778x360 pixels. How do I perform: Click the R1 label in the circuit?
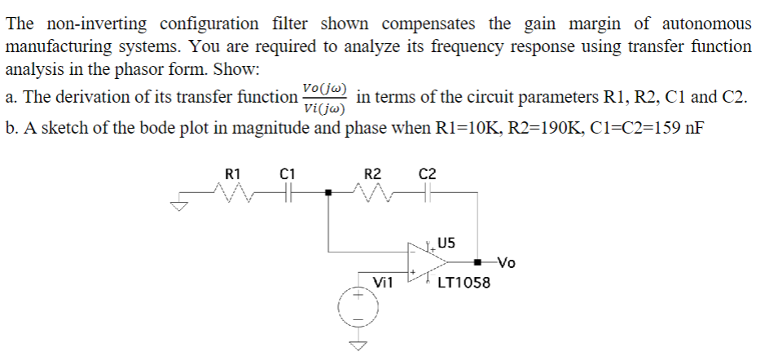pyautogui.click(x=232, y=173)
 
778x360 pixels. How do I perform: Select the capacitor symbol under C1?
pyautogui.click(x=287, y=193)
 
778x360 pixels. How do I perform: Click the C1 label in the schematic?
pyautogui.click(x=287, y=173)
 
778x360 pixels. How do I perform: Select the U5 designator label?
pyautogui.click(x=446, y=242)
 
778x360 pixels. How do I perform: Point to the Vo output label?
pyautogui.click(x=506, y=263)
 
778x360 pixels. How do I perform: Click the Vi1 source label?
pyautogui.click(x=383, y=283)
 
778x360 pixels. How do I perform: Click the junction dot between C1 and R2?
pyautogui.click(x=328, y=193)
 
